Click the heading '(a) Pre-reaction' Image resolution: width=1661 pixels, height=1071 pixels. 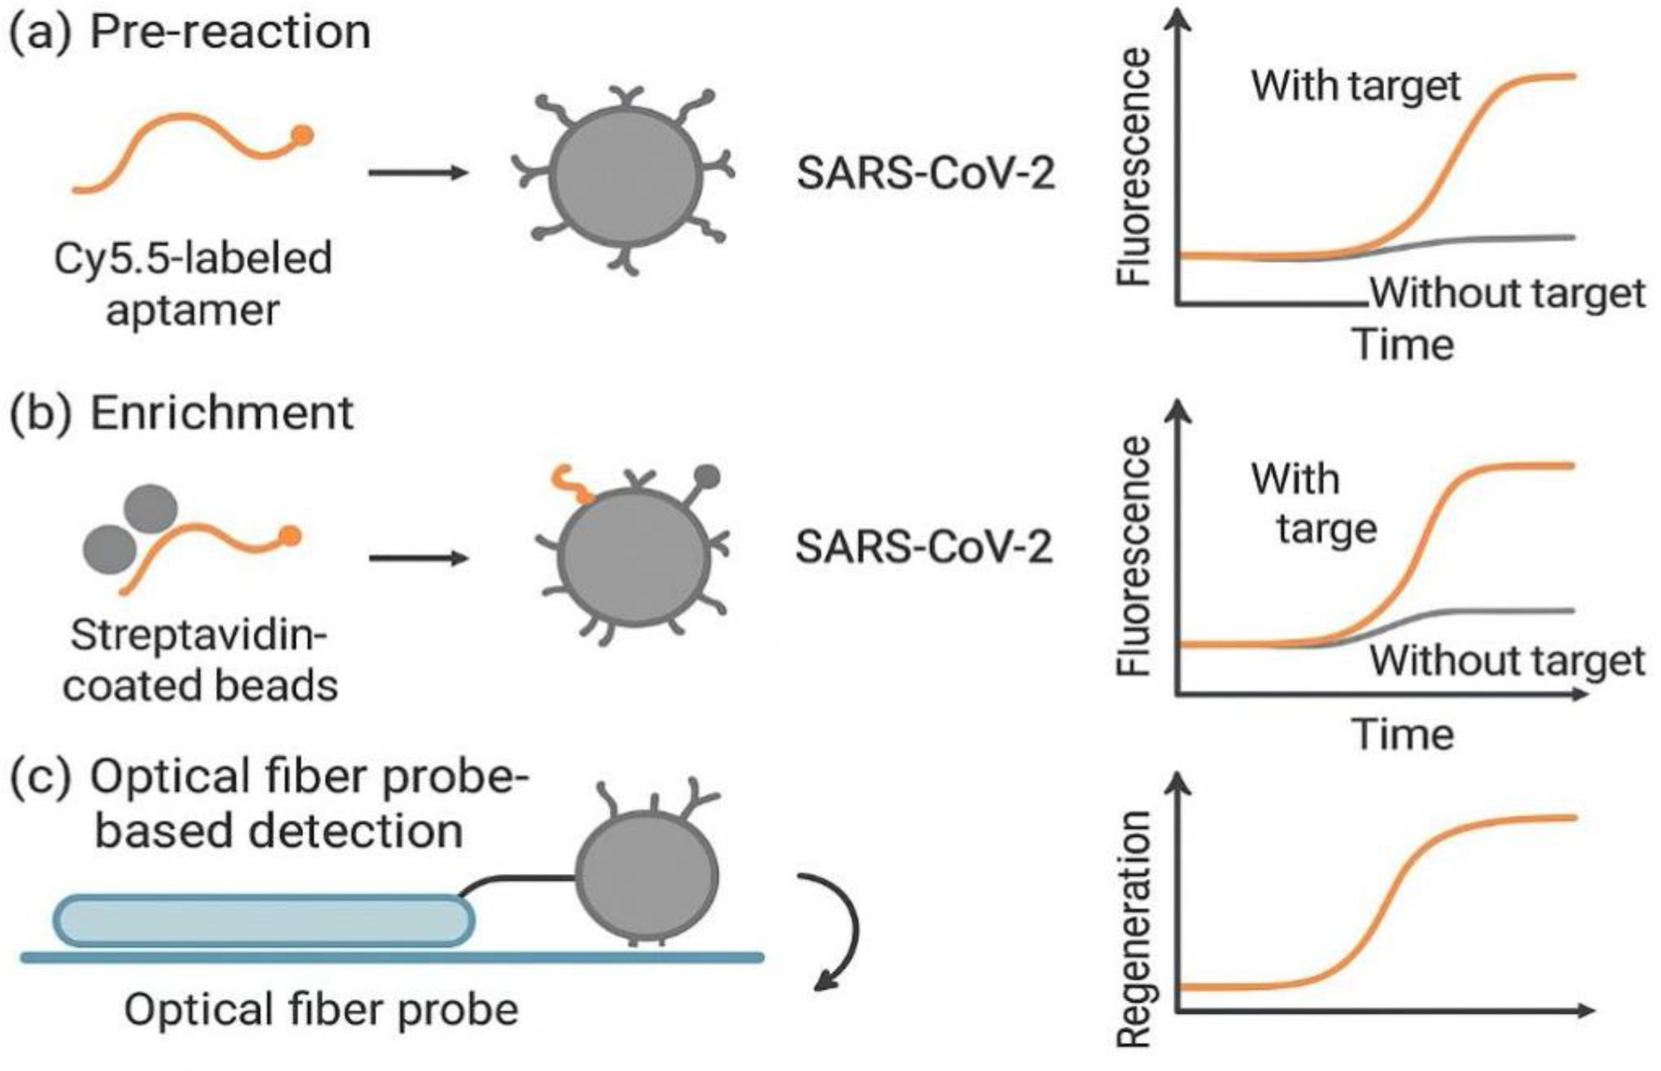189,32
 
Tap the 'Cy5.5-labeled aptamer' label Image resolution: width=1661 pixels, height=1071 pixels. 193,283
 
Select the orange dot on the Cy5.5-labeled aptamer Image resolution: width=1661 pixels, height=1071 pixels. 302,136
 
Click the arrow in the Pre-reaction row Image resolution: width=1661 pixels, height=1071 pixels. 417,172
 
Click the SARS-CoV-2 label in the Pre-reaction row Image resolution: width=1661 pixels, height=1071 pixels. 925,174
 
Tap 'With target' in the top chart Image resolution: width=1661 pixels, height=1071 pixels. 1355,86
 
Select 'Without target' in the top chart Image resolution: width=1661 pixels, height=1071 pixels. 1506,293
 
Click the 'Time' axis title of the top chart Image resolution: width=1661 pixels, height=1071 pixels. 1403,345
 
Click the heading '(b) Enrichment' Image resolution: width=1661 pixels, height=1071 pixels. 181,412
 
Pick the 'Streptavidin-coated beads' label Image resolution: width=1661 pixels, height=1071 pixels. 200,660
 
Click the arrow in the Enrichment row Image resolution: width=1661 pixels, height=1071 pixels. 417,558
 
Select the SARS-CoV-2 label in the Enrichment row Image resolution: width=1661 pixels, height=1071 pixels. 923,547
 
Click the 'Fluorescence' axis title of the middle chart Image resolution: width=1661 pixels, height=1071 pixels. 1135,556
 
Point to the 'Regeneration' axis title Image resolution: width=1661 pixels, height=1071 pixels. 1135,928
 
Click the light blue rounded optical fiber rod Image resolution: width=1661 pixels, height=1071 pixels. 263,921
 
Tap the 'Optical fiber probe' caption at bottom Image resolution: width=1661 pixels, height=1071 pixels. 321,1009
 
